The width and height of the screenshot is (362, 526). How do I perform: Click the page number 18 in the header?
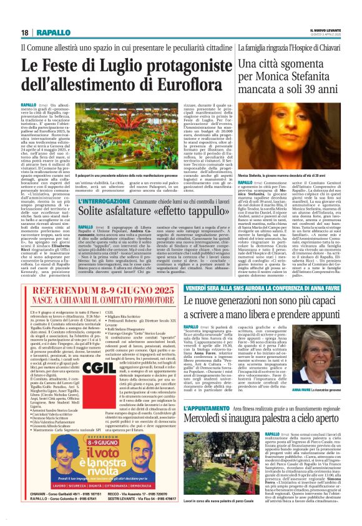coord(24,32)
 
